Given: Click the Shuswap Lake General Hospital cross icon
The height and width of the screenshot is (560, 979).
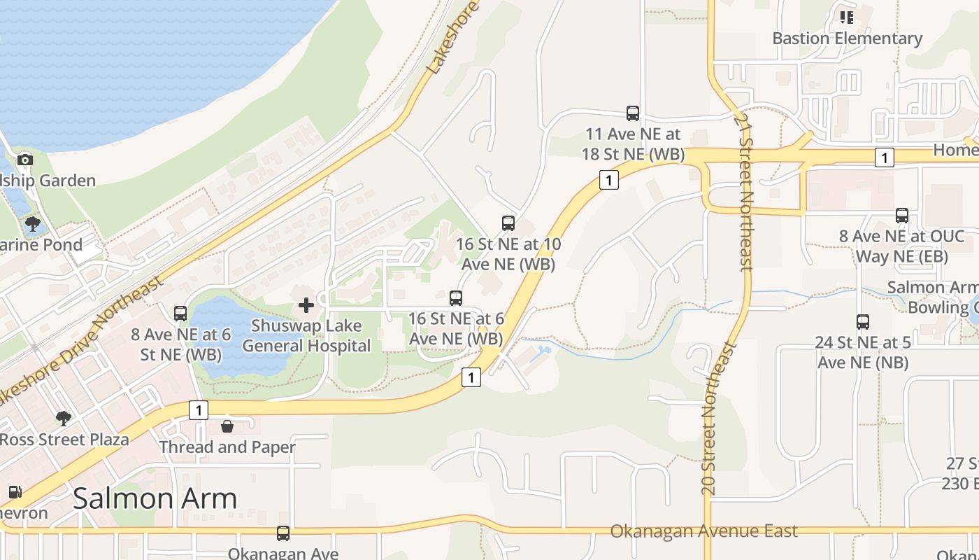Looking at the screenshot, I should (306, 305).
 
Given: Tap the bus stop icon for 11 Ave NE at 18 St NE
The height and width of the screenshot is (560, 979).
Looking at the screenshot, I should (633, 113).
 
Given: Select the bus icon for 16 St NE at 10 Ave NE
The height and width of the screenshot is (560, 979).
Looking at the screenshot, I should (508, 223).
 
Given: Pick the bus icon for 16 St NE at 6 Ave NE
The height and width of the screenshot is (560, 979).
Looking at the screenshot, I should (456, 297).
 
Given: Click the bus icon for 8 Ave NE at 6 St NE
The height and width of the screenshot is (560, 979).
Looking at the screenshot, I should (180, 313).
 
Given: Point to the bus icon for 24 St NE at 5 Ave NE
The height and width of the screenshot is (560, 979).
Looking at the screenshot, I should (863, 321).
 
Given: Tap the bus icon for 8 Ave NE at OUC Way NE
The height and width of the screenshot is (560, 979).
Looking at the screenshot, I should (902, 216).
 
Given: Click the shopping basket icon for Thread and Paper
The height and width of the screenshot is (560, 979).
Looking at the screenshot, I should (227, 426).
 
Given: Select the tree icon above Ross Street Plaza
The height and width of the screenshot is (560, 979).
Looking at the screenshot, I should (64, 419).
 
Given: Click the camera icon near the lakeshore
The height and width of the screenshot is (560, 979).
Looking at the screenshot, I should (25, 160).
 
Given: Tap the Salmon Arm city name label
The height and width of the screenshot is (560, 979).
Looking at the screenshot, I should (155, 498).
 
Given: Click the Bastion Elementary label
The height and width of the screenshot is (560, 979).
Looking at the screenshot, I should (847, 38).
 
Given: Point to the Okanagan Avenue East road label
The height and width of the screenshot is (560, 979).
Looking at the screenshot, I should (703, 531).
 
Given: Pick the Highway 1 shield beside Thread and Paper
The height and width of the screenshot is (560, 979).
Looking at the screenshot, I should (199, 410).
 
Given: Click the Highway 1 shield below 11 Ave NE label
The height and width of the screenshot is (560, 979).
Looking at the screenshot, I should (609, 180).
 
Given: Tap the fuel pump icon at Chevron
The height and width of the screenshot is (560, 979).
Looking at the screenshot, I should (14, 492).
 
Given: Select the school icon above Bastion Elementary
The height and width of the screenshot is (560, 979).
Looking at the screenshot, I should (847, 17).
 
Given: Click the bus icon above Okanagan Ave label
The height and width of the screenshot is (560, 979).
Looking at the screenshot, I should (283, 533).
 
